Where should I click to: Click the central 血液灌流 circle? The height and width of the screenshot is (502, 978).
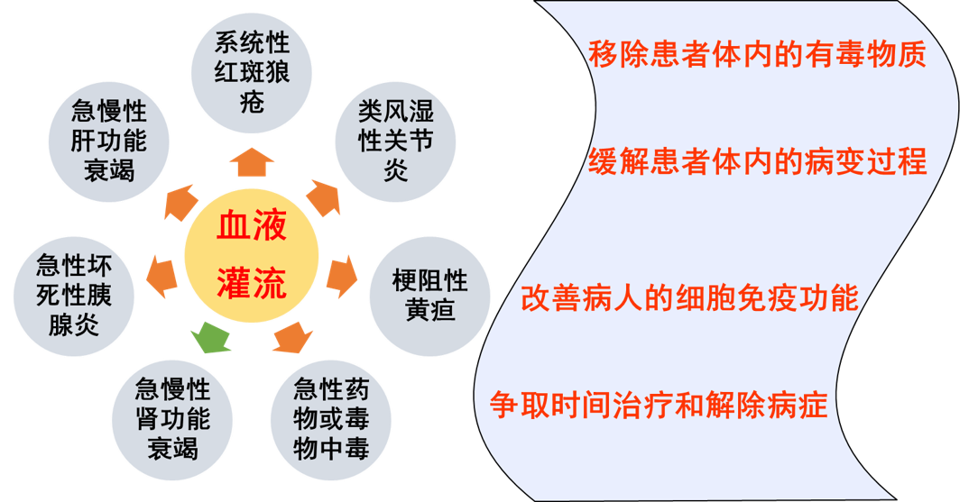point(251,257)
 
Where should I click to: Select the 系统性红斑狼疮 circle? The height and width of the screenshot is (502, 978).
point(253,71)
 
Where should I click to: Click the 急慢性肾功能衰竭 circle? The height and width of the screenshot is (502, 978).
point(172,417)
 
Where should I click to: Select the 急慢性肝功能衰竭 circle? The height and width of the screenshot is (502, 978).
point(109,141)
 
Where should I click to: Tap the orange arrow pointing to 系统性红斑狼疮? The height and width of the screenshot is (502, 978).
point(252,162)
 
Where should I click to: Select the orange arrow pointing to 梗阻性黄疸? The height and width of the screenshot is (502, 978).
point(342,278)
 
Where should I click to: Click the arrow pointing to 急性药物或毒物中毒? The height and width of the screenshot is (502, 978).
point(292,338)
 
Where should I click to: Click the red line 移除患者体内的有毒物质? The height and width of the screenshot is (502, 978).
point(757,56)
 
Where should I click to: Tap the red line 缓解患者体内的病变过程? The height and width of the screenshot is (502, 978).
point(757,162)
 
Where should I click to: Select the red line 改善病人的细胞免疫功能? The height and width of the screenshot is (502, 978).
point(689,298)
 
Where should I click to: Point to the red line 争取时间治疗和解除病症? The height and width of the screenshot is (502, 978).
point(660,405)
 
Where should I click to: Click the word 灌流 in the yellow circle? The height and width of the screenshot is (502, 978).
point(252,284)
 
